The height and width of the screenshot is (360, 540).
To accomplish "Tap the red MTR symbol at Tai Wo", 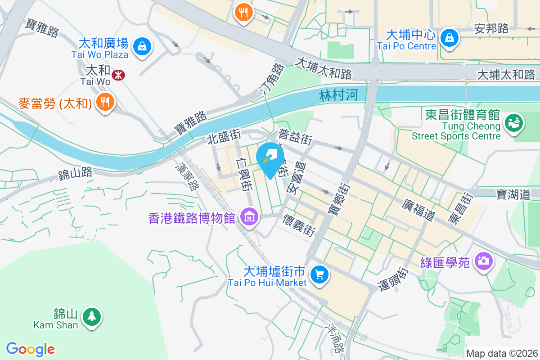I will tap(118, 75).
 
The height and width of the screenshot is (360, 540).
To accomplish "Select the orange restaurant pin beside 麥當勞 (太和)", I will tap(105, 101).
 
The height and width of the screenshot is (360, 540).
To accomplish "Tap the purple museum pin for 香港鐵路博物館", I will tap(248, 217).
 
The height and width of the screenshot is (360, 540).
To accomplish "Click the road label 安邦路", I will tap(491, 29).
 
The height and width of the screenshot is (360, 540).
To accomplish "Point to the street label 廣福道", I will tap(418, 210).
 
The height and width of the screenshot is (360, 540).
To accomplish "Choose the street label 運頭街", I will tap(392, 279).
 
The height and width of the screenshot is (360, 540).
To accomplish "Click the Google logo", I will tap(31, 349).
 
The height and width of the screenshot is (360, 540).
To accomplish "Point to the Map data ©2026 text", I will tap(502, 353).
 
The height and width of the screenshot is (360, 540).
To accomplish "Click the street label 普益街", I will tap(296, 137).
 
